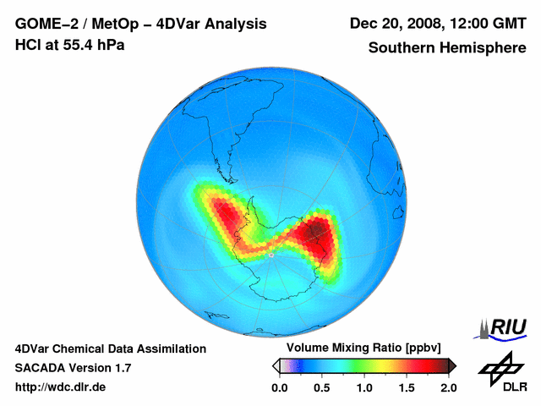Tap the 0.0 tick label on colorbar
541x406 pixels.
click(x=279, y=387)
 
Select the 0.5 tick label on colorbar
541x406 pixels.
click(x=321, y=387)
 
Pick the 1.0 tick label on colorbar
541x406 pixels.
click(x=364, y=387)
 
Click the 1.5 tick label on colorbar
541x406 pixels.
click(x=407, y=387)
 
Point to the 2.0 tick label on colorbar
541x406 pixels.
click(x=449, y=387)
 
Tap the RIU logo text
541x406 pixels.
click(x=510, y=326)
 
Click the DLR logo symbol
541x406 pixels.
click(x=499, y=367)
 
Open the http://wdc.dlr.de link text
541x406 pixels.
click(x=61, y=387)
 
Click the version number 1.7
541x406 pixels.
click(x=122, y=368)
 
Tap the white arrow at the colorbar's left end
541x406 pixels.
click(x=275, y=365)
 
